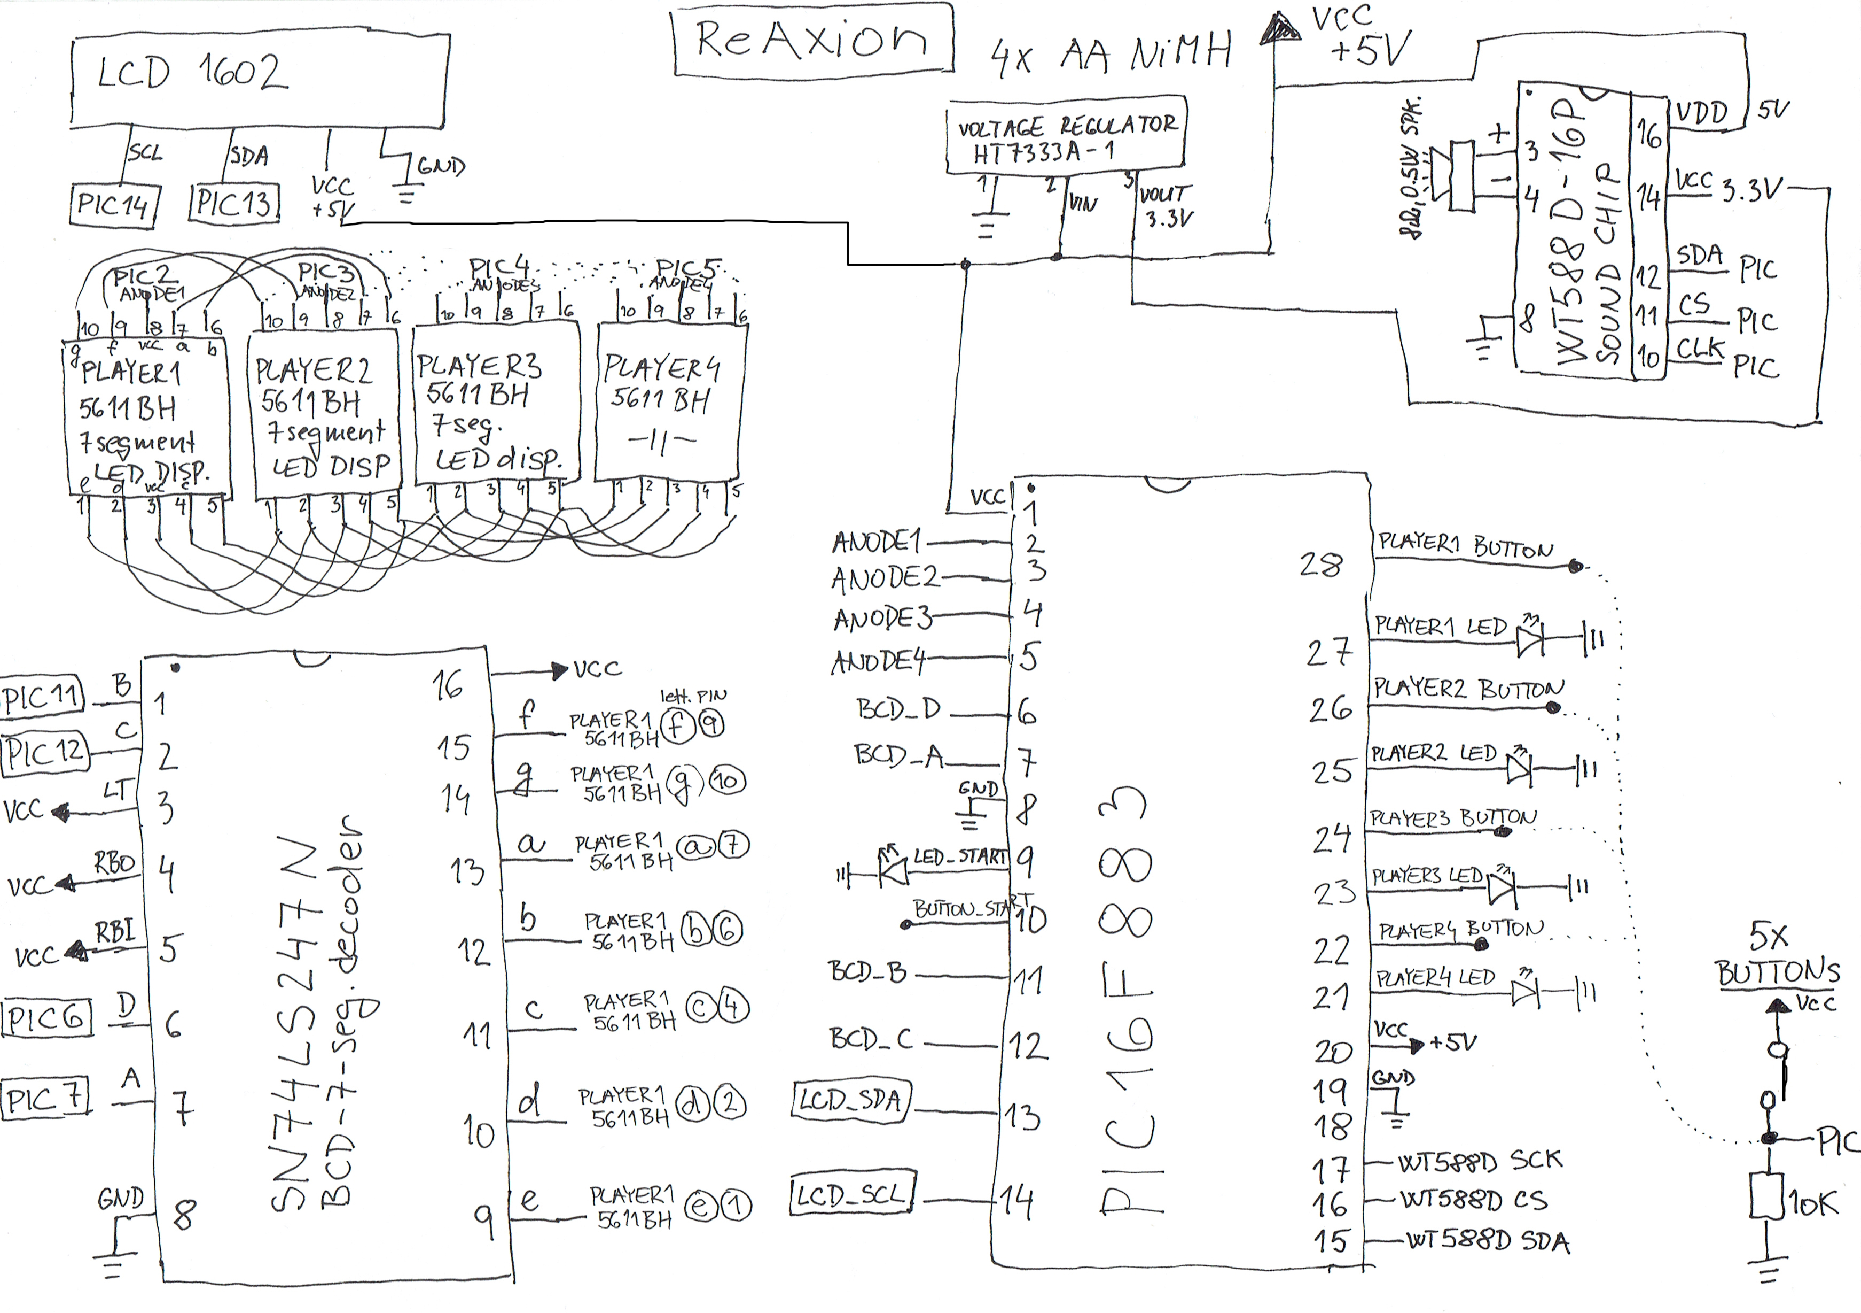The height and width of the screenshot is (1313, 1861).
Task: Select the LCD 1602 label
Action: coord(192,73)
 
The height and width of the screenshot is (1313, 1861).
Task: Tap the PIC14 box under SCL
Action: coord(113,205)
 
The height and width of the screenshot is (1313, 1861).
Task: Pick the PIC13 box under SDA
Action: coord(235,203)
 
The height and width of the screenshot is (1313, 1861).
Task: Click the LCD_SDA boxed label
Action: coord(850,1101)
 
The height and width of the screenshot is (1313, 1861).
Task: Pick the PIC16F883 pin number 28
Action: coord(1321,565)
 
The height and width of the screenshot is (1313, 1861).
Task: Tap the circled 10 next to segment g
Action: coord(727,781)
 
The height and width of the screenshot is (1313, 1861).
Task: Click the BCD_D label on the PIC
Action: coord(898,709)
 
